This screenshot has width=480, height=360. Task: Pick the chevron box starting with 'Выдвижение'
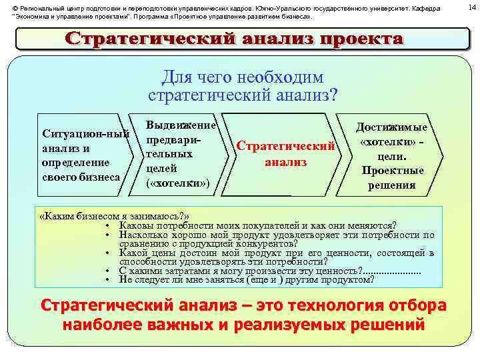(x=181, y=154)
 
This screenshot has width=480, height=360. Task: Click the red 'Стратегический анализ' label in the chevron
(x=285, y=154)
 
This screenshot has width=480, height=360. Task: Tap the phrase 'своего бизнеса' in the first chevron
(x=81, y=177)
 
